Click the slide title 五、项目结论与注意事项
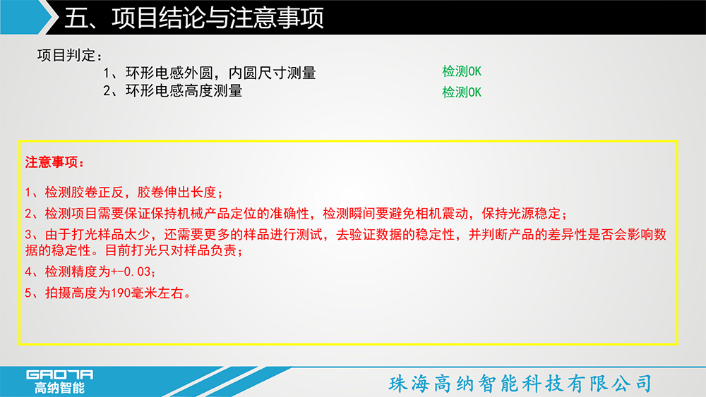click(194, 18)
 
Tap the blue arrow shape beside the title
click(27, 17)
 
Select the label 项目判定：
click(70, 55)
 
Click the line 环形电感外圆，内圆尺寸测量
click(220, 73)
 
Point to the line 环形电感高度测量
click(184, 91)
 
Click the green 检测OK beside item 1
click(462, 71)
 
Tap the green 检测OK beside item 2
click(462, 92)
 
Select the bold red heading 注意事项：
click(55, 162)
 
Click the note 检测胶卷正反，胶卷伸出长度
click(131, 193)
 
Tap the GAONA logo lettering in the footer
click(59, 375)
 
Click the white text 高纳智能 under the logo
click(59, 388)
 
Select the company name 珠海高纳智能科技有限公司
click(520, 384)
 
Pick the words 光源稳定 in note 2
click(534, 214)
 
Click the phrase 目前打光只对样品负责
click(171, 250)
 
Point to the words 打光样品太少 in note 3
click(111, 235)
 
